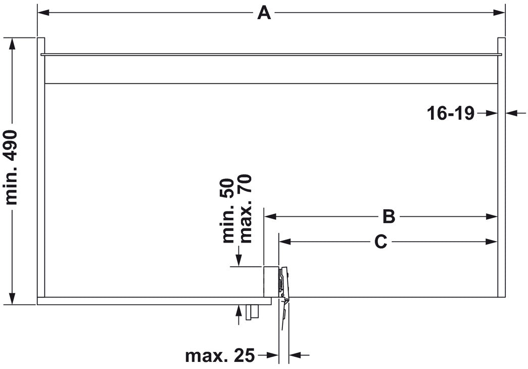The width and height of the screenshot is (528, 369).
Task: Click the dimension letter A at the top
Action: (x=264, y=13)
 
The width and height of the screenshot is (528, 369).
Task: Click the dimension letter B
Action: (x=388, y=216)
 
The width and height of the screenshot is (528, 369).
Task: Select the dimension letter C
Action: (x=380, y=242)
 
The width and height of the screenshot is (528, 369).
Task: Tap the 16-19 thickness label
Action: (x=451, y=113)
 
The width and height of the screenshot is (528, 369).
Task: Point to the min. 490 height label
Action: (x=12, y=167)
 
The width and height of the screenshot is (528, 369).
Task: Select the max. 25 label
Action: (x=220, y=356)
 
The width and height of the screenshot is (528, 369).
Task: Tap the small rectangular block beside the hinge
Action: (x=270, y=281)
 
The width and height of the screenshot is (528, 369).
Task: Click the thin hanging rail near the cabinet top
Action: (x=271, y=54)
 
